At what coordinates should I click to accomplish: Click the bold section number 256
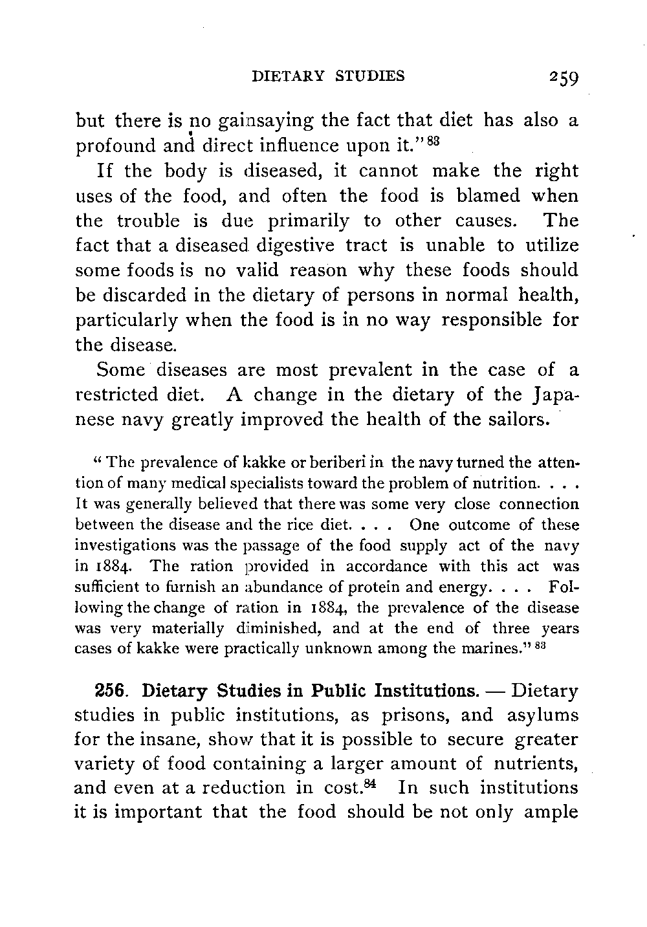[111, 692]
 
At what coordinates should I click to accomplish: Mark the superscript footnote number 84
[380, 785]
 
